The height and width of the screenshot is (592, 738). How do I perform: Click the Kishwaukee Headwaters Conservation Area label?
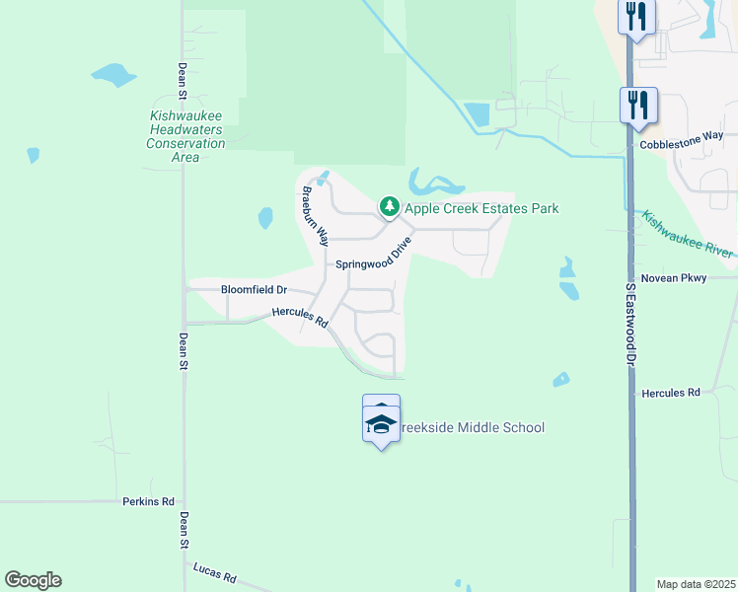coord(185,136)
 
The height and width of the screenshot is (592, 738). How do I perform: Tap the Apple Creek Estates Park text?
coord(482,208)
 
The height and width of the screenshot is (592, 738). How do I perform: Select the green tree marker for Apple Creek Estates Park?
coord(391,207)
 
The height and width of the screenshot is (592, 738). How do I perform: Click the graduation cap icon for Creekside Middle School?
coord(381,424)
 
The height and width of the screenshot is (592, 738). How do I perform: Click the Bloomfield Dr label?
coord(254,290)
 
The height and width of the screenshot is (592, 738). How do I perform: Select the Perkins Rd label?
coord(148,501)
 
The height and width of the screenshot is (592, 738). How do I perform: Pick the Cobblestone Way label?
coord(682,144)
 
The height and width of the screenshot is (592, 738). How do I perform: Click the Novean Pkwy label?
coord(674,278)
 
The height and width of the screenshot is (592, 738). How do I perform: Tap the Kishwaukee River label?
coord(689,235)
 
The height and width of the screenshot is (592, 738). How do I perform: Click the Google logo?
coord(33,580)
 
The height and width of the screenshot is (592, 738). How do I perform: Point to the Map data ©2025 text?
coord(695,584)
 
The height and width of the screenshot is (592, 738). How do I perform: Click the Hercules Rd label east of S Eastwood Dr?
coord(670,393)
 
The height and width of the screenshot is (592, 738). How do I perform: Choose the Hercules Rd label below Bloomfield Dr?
coord(300,317)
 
